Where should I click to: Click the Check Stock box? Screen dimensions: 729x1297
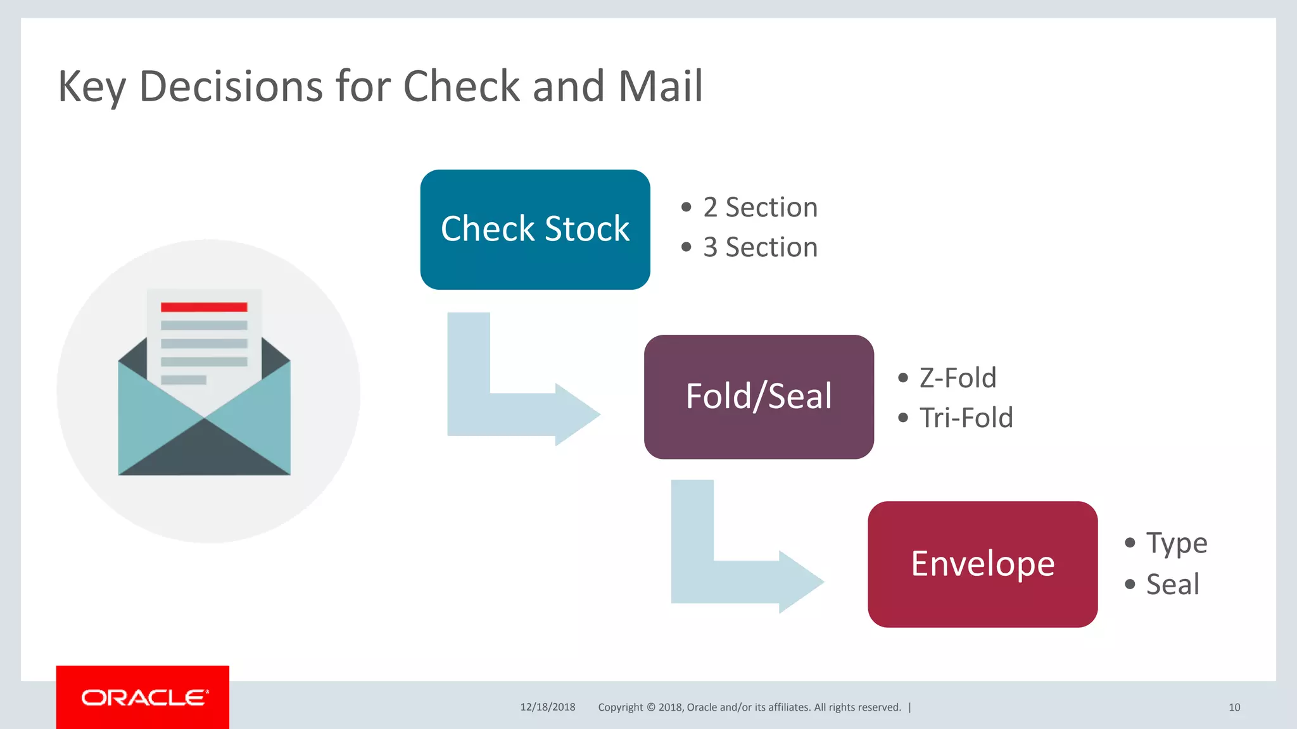[x=535, y=229]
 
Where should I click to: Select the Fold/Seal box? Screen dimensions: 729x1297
[x=759, y=397]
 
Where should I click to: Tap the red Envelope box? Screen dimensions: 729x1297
[x=982, y=564]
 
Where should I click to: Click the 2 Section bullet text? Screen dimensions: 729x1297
[x=760, y=208]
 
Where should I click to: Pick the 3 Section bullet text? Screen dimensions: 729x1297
[x=760, y=247]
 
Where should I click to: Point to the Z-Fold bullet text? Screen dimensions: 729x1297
[x=958, y=378]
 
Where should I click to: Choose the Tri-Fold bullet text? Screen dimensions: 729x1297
[x=966, y=418]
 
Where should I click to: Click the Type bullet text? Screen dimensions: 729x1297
[x=1176, y=543]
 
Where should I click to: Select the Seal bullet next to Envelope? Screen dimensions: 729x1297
[x=1172, y=584]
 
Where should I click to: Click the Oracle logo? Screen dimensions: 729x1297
[x=143, y=697]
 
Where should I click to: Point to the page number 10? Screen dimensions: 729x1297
[x=1234, y=707]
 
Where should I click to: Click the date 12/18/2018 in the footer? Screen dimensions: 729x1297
[x=548, y=707]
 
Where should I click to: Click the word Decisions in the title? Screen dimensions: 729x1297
[x=231, y=86]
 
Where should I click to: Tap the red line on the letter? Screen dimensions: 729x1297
[x=204, y=307]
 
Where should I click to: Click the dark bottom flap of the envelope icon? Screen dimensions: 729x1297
[x=204, y=452]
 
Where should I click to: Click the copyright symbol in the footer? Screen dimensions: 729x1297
[x=650, y=707]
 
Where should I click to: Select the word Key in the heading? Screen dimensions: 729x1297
[x=92, y=87]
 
